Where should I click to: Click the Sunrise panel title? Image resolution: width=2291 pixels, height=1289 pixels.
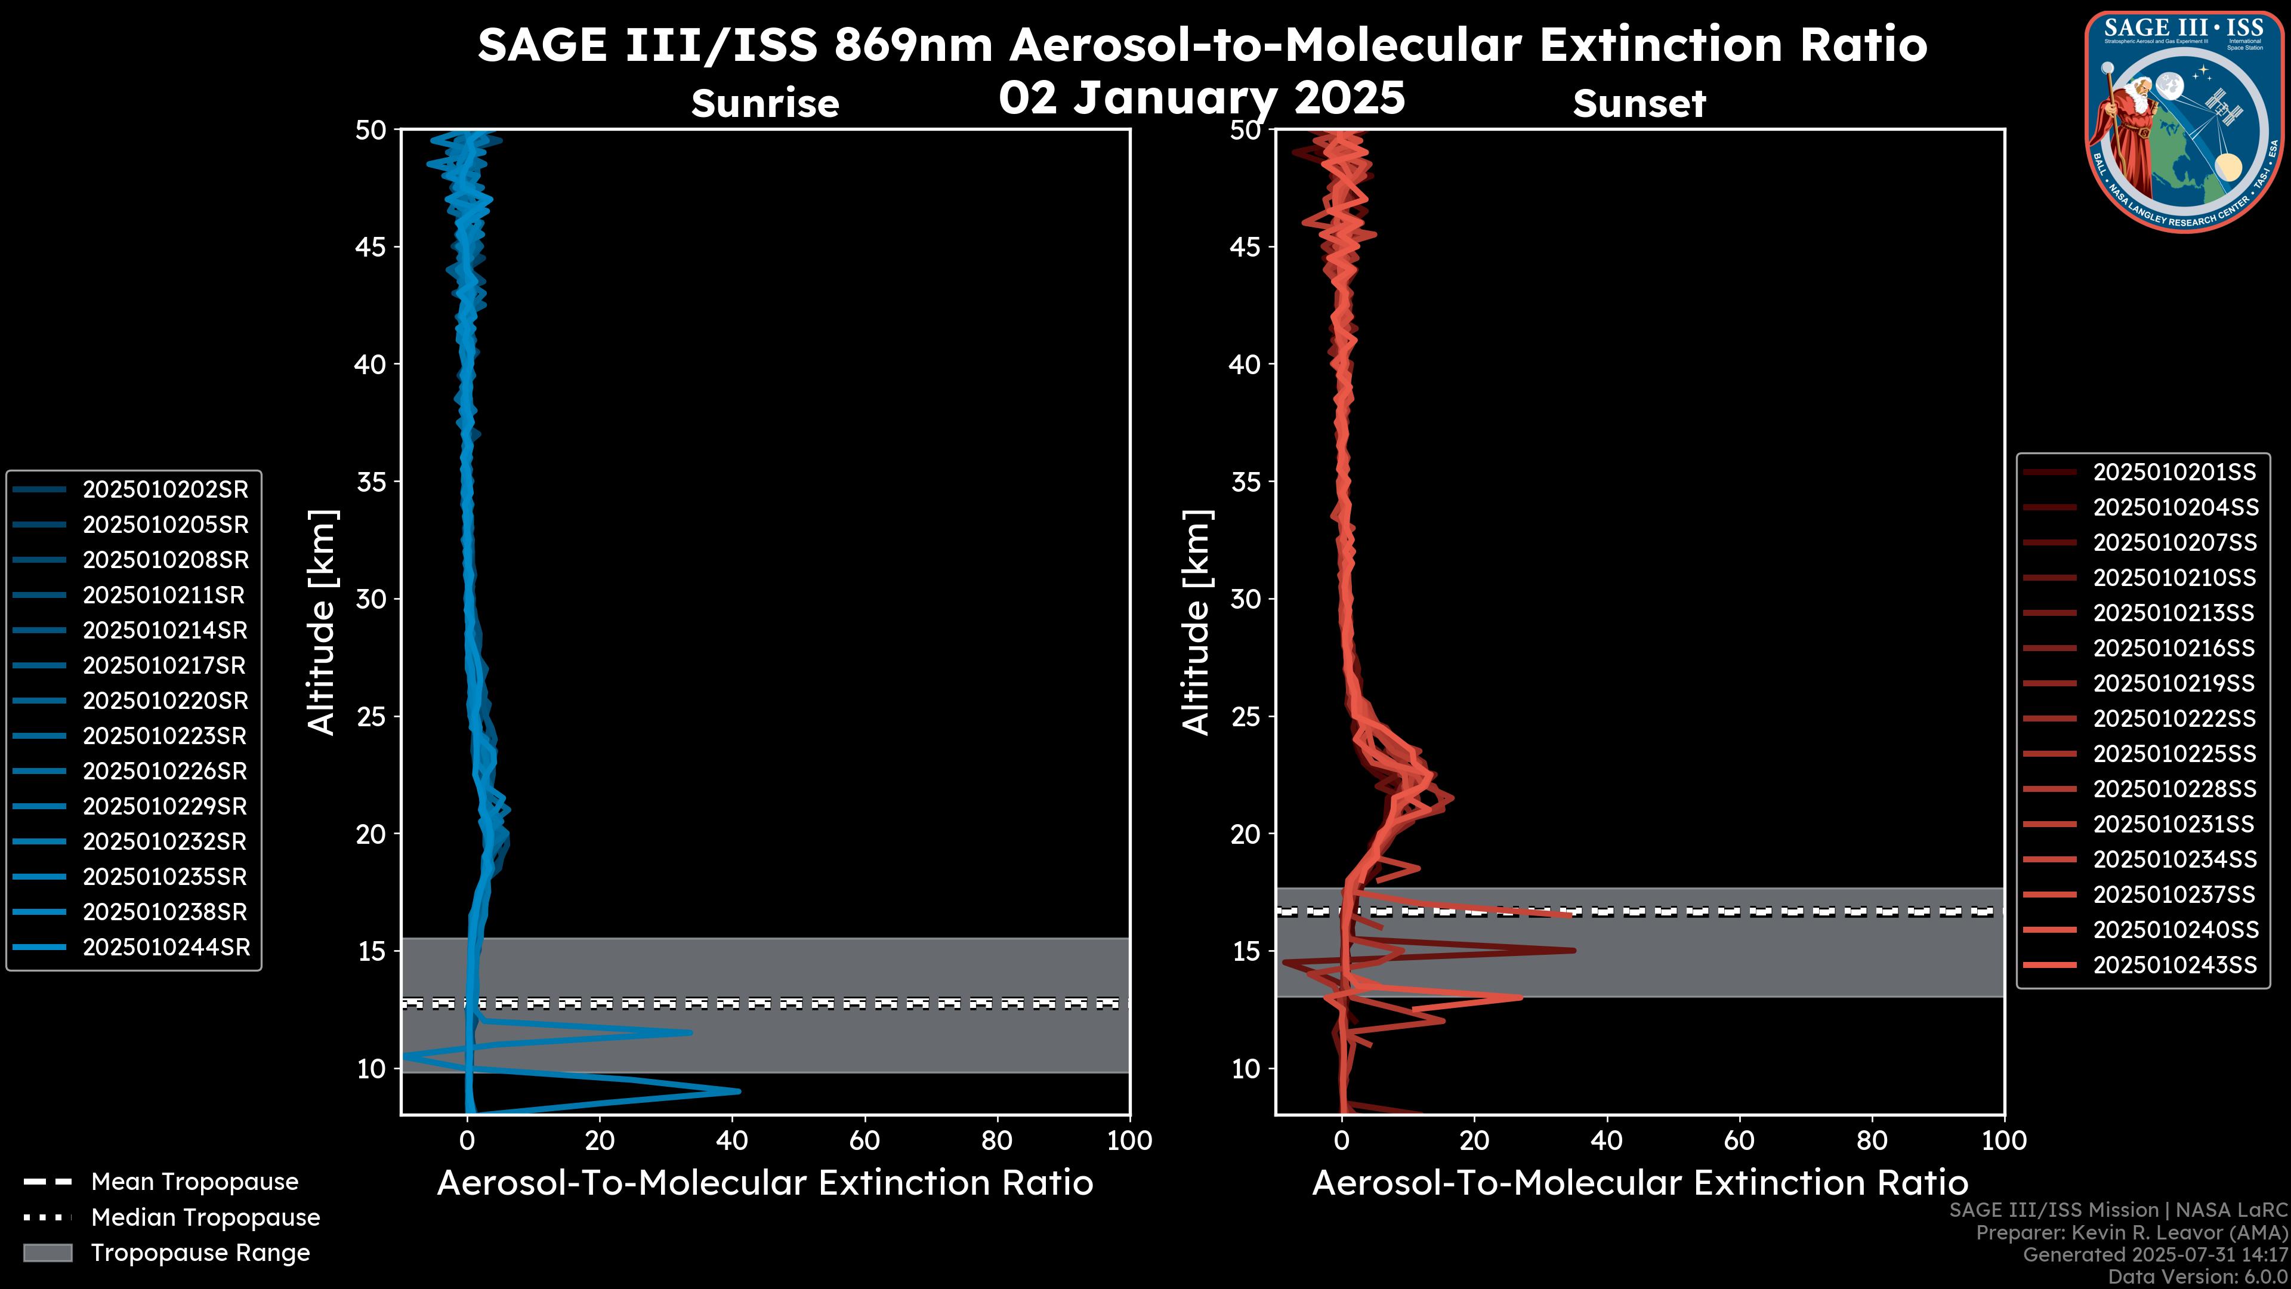pyautogui.click(x=765, y=103)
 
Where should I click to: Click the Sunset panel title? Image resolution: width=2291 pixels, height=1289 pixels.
pyautogui.click(x=1639, y=103)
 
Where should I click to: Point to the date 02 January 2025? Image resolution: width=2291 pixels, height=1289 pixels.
pyautogui.click(x=1202, y=98)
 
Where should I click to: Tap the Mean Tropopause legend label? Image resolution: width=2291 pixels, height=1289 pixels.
pyautogui.click(x=194, y=1182)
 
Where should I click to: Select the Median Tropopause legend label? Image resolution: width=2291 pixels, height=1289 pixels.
pyautogui.click(x=205, y=1218)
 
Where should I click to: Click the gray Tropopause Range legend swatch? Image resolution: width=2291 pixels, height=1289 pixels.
pyautogui.click(x=48, y=1253)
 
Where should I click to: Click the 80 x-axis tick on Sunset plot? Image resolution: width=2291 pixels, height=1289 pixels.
pyautogui.click(x=1872, y=1140)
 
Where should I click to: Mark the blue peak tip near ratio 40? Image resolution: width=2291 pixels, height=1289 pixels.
pyautogui.click(x=738, y=1091)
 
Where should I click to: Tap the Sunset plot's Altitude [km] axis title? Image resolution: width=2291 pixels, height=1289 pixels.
pyautogui.click(x=1197, y=622)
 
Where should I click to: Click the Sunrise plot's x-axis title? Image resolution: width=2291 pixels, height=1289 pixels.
pyautogui.click(x=765, y=1183)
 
